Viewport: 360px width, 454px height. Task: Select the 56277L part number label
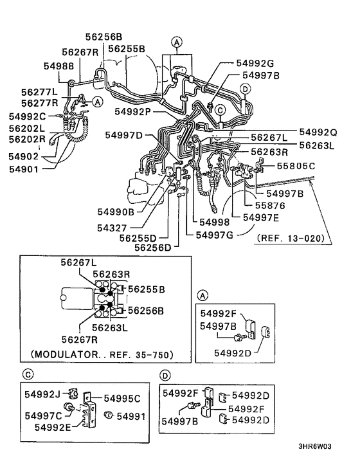tap(39, 93)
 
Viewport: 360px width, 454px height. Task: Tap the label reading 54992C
tap(27, 116)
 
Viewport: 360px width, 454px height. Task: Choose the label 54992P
tap(133, 111)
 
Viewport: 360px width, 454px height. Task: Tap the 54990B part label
tap(116, 211)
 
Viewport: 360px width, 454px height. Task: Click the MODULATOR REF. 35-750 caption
tap(102, 354)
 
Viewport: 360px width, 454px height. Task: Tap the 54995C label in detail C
tap(123, 399)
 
